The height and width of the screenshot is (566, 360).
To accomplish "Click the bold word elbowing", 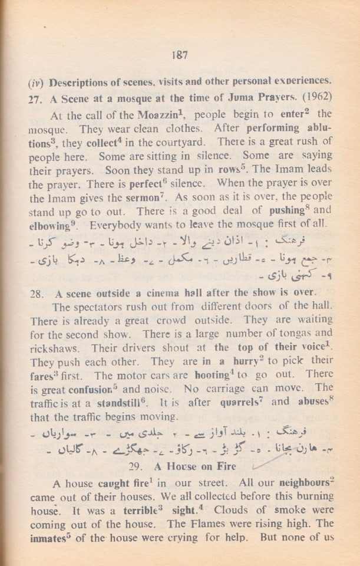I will pos(49,226).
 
